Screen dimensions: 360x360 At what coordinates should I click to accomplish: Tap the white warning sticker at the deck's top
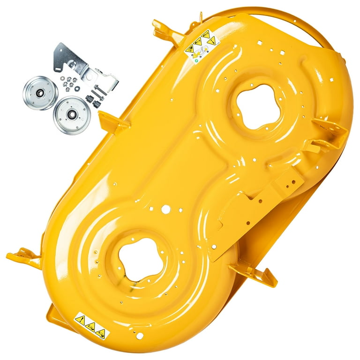[202, 45]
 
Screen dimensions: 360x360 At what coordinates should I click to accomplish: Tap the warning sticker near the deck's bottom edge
[92, 326]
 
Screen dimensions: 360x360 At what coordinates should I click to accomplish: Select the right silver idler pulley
[72, 115]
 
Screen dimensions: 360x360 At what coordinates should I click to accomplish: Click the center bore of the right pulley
[72, 115]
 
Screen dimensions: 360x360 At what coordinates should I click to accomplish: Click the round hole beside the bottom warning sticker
[137, 335]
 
